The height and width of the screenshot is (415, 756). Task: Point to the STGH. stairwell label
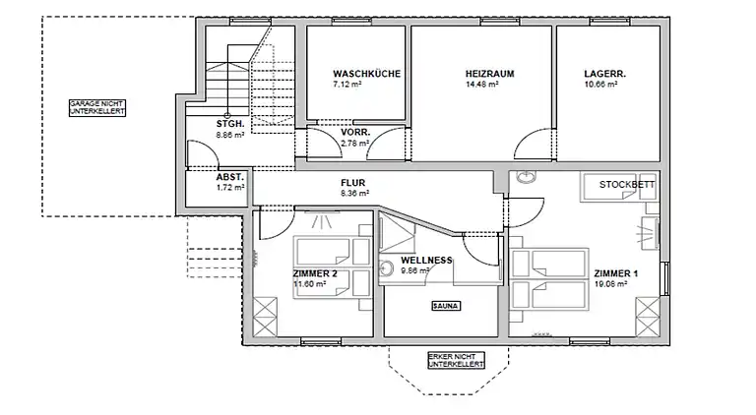click(231, 123)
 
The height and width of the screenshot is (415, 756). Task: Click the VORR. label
click(355, 133)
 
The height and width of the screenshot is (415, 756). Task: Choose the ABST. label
click(229, 177)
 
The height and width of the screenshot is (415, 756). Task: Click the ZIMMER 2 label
click(316, 273)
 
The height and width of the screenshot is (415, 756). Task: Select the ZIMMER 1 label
click(616, 273)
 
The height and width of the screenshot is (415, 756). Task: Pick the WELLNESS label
click(426, 261)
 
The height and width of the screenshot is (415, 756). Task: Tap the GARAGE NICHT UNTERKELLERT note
click(96, 108)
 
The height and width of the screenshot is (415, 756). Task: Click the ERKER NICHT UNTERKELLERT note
click(456, 361)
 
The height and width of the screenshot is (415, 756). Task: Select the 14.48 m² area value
click(481, 86)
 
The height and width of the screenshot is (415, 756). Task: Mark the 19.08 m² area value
click(610, 284)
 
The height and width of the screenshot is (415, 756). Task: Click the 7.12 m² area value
click(348, 86)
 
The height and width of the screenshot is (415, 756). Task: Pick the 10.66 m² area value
click(599, 86)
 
